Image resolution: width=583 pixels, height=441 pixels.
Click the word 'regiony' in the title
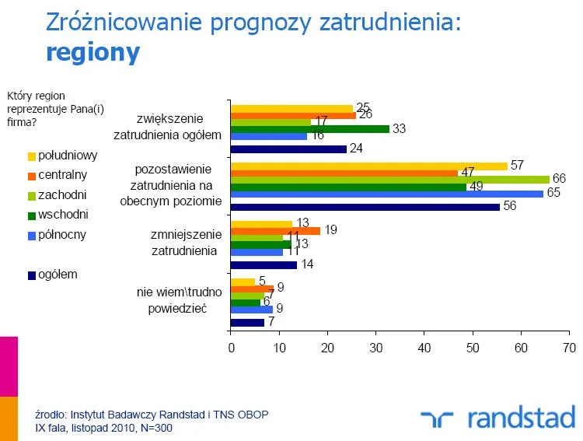coord(93,52)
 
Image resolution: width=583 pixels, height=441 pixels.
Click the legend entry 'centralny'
coord(62,174)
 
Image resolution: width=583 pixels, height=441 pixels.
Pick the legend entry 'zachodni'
coord(61,194)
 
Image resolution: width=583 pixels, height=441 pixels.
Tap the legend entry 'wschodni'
coord(63,213)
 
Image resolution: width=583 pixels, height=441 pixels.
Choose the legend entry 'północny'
coord(62,233)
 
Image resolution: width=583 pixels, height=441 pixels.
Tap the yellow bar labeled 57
coord(368,166)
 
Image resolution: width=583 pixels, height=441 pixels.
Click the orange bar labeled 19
coord(275,231)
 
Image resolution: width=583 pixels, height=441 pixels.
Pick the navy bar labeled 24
coord(288,149)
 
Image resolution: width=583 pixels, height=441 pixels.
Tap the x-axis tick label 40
coord(424,348)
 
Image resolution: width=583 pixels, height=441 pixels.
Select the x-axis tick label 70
coord(570,348)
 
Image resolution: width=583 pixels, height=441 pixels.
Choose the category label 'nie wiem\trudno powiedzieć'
coord(177,299)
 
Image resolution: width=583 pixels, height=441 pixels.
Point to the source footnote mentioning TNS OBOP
coord(152,415)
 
